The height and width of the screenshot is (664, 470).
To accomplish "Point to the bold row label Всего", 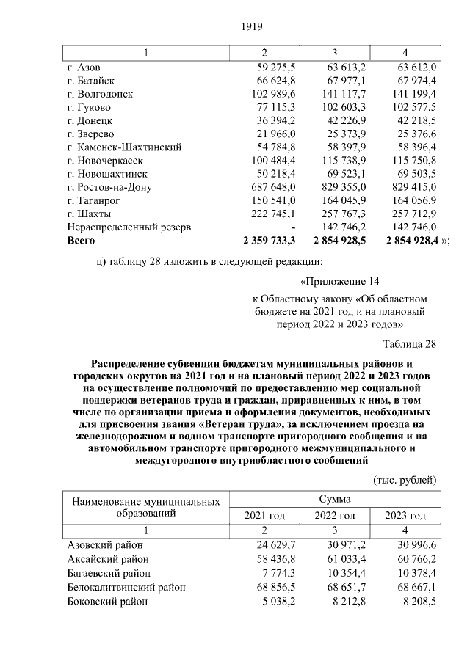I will coord(82,240).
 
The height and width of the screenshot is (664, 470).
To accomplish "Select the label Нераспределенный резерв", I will coord(129,227).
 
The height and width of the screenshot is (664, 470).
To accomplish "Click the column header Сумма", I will coord(334,499).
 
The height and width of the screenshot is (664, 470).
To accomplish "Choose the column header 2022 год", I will coord(334,516).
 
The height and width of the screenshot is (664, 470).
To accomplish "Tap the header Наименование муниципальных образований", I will coord(146,507).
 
